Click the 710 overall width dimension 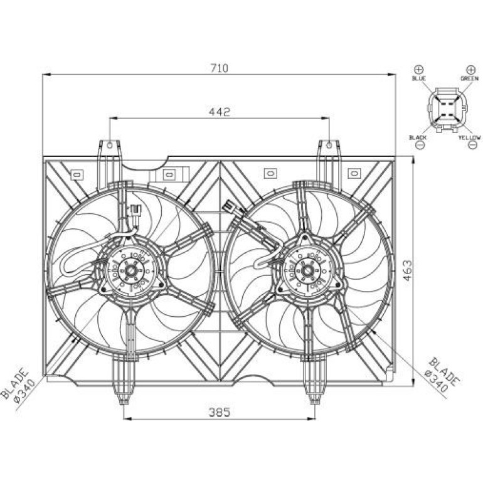point(220,68)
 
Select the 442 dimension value point(220,112)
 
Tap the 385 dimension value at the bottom point(220,413)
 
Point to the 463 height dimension point(407,270)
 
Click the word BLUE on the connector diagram point(418,78)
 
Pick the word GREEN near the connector point(469,78)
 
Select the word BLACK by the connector point(418,137)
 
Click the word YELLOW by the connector point(469,137)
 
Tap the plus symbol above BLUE point(419,69)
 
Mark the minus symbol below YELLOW point(472,145)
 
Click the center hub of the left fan point(131,271)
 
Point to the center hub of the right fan point(307,271)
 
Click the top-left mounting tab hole point(110,145)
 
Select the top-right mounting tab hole point(329,145)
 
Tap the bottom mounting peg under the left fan point(124,379)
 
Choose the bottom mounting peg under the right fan point(314,379)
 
